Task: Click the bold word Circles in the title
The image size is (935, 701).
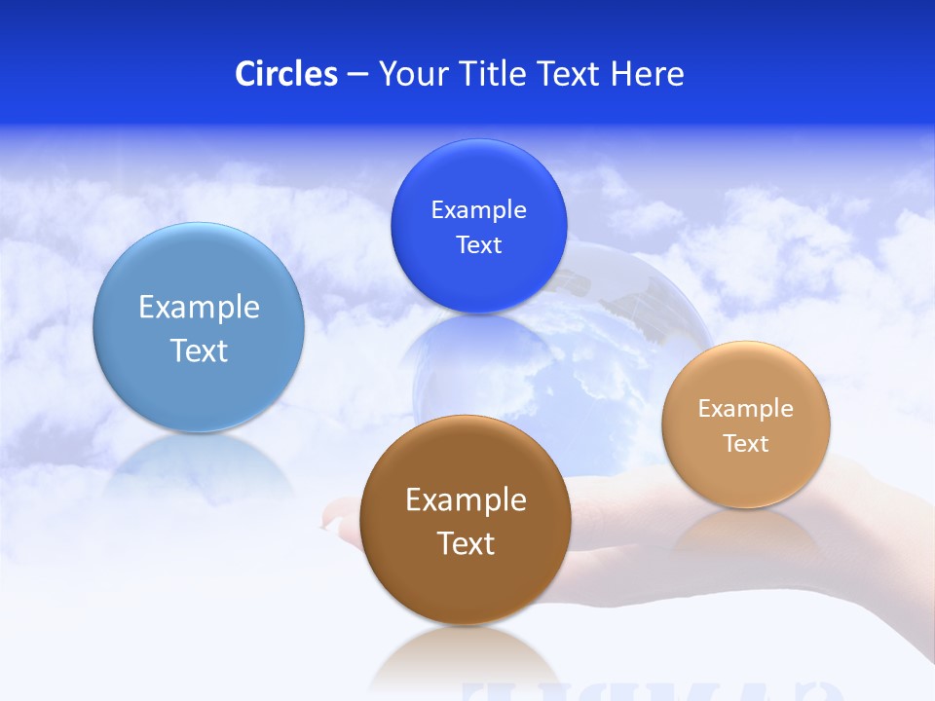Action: (285, 73)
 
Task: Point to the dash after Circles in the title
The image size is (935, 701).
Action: (357, 74)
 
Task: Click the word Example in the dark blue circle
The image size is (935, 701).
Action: (478, 209)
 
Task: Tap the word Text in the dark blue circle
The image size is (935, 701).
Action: (478, 244)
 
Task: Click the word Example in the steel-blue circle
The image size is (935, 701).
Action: (199, 307)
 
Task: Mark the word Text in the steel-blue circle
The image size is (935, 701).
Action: (199, 350)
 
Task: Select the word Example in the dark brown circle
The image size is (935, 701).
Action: (465, 499)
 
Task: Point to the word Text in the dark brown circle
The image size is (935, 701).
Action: (465, 543)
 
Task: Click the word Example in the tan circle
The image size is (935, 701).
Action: (745, 408)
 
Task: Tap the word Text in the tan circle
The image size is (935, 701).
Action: (745, 443)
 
